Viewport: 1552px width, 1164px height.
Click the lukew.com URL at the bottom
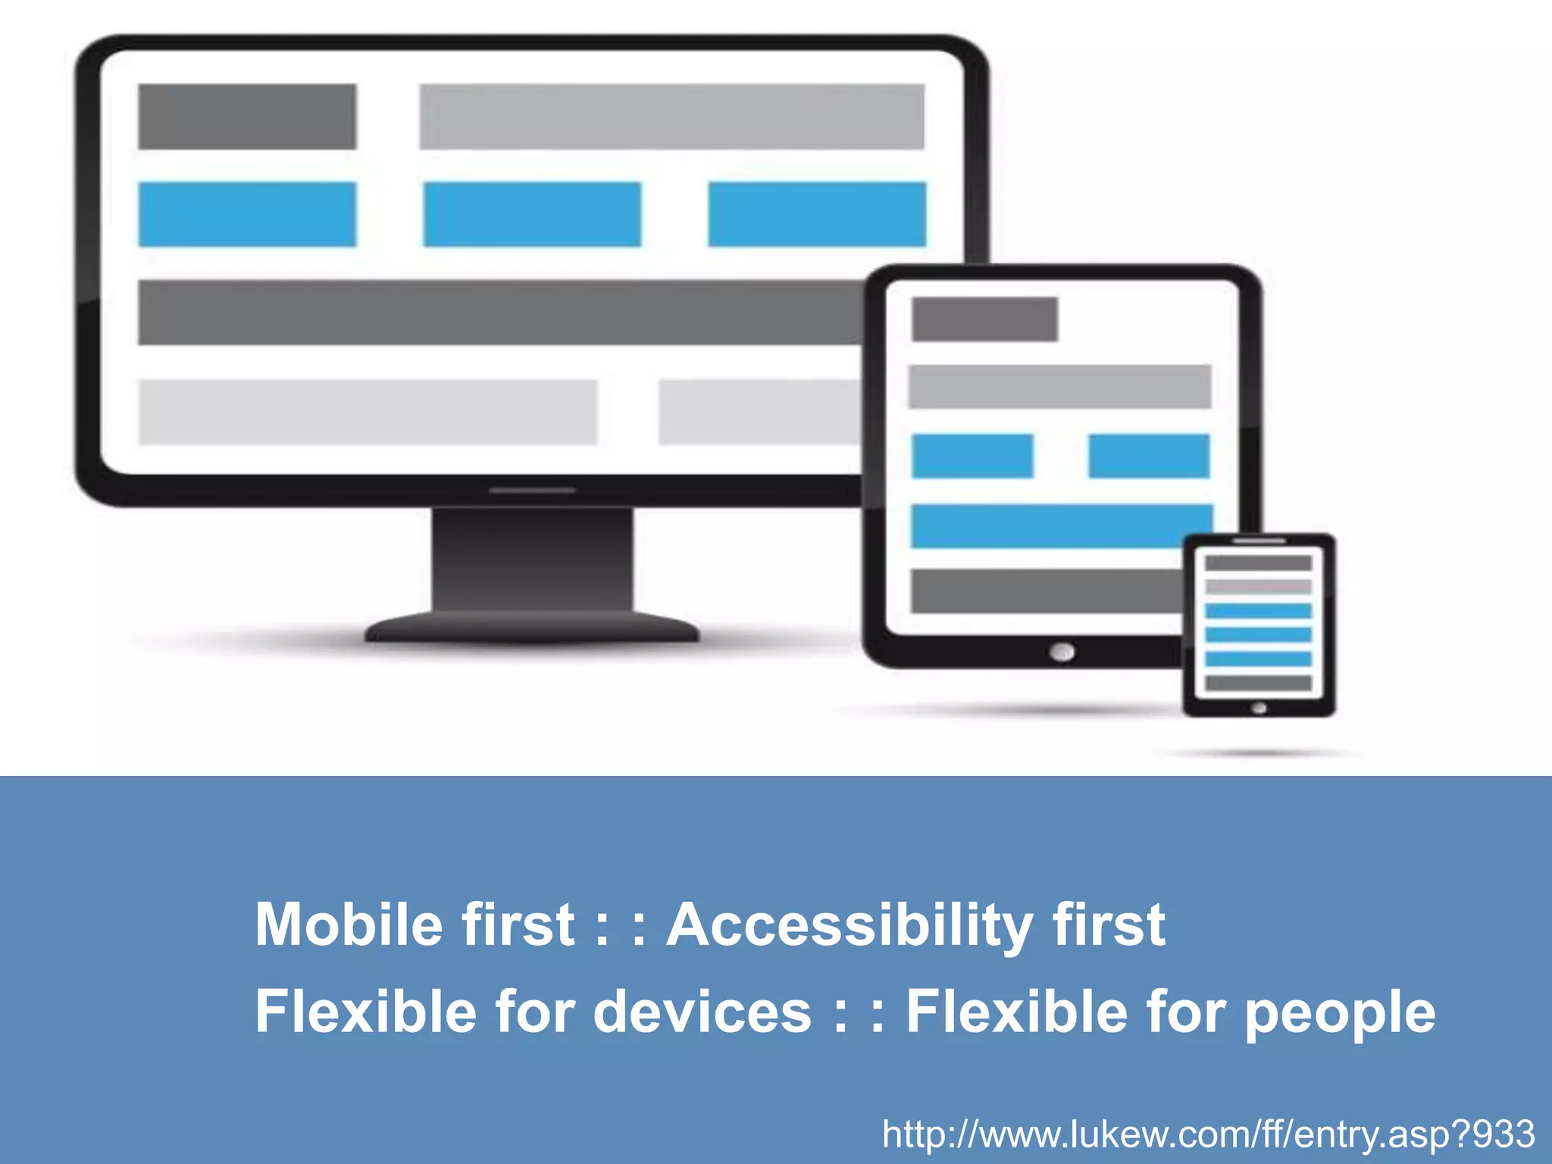tap(1209, 1134)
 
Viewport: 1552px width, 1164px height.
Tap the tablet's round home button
tap(1062, 652)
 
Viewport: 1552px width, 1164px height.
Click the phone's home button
tap(1259, 708)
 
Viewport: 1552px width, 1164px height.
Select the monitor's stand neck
tap(532, 557)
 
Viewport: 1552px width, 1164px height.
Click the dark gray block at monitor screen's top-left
tap(247, 117)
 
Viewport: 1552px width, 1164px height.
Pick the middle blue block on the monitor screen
tap(532, 214)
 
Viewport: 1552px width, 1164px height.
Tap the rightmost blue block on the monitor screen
tap(817, 214)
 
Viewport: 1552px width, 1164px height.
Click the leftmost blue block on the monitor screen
tap(247, 214)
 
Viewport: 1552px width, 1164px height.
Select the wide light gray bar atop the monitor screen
tap(672, 117)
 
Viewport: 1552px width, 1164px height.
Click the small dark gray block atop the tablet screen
tap(984, 319)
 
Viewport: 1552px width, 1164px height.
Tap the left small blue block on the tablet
tap(972, 456)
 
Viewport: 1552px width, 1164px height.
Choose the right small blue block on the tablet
tap(1149, 456)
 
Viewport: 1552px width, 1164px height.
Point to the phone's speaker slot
tap(1259, 541)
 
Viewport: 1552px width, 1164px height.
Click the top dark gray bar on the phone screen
tap(1259, 563)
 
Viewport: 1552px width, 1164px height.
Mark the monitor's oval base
tap(532, 627)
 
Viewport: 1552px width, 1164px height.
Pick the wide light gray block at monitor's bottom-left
tap(368, 412)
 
